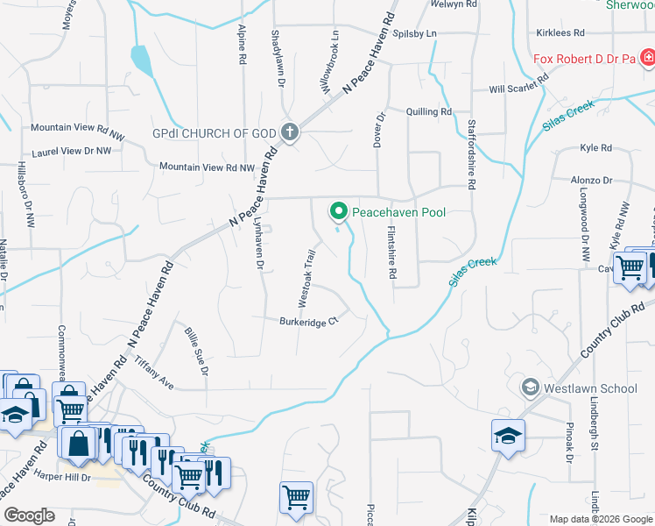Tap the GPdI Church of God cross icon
tap(291, 133)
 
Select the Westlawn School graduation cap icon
tap(529, 387)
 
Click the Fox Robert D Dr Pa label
tap(583, 60)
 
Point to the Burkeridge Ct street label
tap(309, 322)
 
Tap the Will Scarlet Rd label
tap(518, 83)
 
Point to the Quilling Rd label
tap(428, 111)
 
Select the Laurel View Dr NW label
tap(72, 151)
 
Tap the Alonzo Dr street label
tap(591, 180)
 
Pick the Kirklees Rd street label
tap(560, 32)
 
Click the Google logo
tap(29, 515)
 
